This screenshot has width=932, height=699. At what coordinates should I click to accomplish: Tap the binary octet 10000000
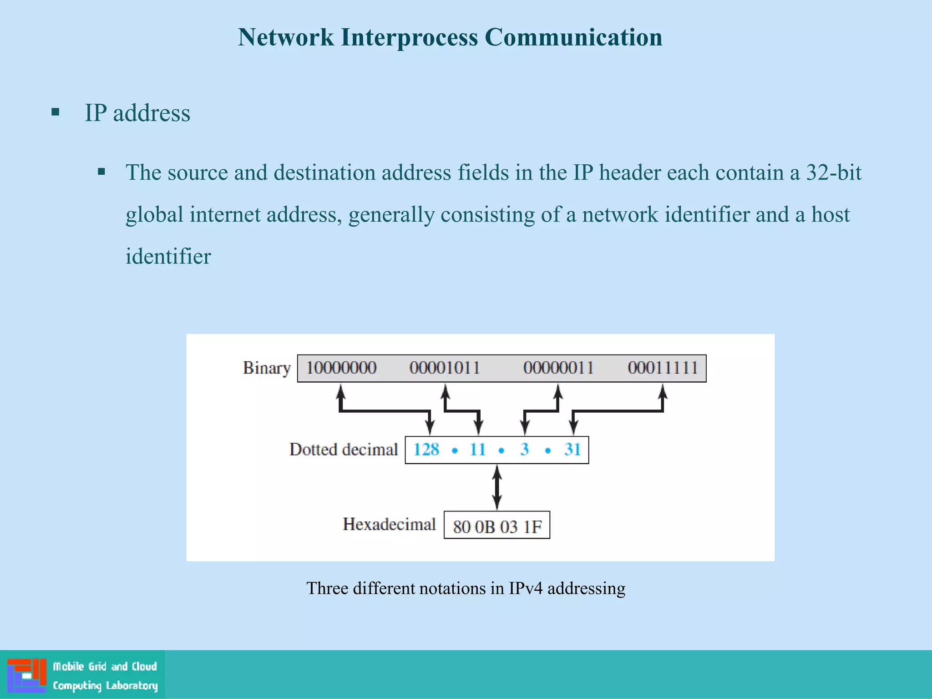341,368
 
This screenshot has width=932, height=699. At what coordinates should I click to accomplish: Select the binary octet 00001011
445,368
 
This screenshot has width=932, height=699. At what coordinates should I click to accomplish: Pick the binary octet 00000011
558,368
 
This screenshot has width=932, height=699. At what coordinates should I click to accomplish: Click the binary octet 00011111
663,368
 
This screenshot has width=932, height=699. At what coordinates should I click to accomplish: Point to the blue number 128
426,450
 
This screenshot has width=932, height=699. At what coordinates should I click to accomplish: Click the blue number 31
572,450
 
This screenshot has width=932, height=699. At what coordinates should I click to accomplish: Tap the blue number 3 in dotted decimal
524,450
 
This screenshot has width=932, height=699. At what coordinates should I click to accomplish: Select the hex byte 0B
485,527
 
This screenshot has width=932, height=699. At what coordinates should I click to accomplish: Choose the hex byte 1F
532,527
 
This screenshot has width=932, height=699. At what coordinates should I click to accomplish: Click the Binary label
267,368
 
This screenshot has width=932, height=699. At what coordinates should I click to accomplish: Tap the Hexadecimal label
389,524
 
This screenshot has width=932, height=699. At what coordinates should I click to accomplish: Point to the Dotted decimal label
344,450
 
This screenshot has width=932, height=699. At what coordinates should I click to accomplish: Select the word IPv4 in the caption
525,588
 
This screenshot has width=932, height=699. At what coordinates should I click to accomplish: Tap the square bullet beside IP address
56,112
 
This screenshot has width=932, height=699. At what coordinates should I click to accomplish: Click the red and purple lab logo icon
27,675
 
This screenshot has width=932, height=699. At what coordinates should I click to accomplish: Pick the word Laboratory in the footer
132,685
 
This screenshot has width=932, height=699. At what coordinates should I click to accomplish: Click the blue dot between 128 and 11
454,451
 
